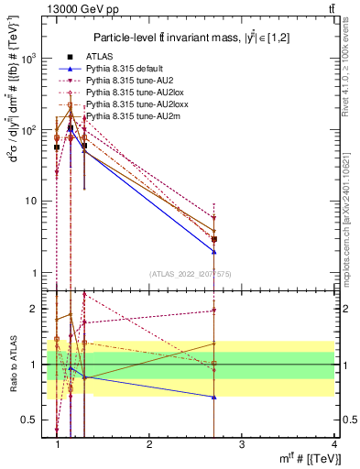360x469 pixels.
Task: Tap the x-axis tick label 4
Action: click(x=334, y=444)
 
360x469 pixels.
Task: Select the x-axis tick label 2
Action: click(x=149, y=444)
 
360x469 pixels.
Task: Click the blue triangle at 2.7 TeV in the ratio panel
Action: click(x=214, y=397)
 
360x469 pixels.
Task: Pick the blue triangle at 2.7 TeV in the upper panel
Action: click(x=214, y=251)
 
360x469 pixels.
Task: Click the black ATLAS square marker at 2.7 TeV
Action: click(x=214, y=239)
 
